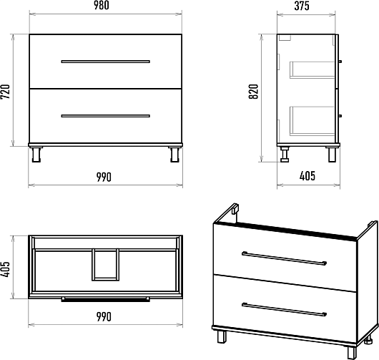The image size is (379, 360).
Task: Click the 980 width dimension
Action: (x=102, y=6)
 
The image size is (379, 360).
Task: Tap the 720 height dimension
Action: (x=5, y=92)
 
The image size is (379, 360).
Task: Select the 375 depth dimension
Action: (x=302, y=6)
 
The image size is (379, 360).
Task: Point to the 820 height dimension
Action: (x=254, y=92)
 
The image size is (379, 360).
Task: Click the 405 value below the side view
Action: (x=307, y=176)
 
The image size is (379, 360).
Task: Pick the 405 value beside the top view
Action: (x=5, y=269)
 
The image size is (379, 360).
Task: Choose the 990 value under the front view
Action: (x=104, y=177)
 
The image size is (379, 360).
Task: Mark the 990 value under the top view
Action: (x=104, y=316)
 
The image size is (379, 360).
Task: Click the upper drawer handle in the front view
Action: (x=105, y=62)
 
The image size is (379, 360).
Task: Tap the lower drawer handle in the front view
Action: (x=105, y=116)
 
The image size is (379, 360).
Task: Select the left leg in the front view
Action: (x=36, y=155)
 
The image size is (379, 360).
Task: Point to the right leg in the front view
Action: (x=174, y=155)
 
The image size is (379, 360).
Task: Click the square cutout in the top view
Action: (x=105, y=265)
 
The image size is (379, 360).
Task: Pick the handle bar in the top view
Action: (x=105, y=299)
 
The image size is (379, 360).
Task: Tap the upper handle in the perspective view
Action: (x=285, y=258)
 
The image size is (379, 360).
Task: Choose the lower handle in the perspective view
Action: (x=285, y=309)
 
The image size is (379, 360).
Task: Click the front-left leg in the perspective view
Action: (x=222, y=336)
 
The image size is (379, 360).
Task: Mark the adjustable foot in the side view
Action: (x=285, y=155)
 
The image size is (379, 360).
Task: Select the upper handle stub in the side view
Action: (x=340, y=62)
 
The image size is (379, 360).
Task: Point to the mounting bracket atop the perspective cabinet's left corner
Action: (x=235, y=209)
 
